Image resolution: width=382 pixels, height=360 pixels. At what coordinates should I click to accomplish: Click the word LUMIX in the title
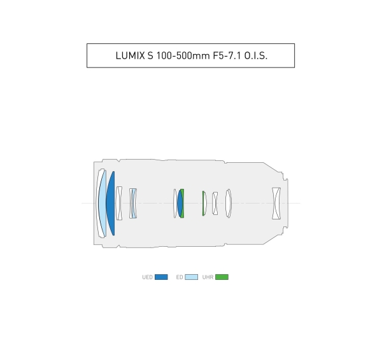pyautogui.click(x=131, y=56)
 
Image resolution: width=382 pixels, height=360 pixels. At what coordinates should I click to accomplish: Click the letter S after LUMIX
pyautogui.click(x=152, y=56)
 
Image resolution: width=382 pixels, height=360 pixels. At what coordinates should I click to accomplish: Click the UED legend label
pyautogui.click(x=147, y=277)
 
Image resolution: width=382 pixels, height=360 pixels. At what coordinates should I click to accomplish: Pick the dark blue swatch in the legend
pyautogui.click(x=161, y=277)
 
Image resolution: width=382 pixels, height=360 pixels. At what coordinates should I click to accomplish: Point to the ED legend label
pyautogui.click(x=180, y=277)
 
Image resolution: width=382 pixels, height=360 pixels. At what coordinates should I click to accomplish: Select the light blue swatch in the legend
pyautogui.click(x=192, y=277)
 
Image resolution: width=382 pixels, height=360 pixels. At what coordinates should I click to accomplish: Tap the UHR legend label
pyautogui.click(x=208, y=277)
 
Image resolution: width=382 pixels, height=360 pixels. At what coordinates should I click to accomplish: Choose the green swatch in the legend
pyautogui.click(x=222, y=277)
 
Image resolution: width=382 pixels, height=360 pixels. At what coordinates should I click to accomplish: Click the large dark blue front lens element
pyautogui.click(x=111, y=204)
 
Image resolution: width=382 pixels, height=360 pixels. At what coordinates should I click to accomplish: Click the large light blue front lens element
pyautogui.click(x=103, y=204)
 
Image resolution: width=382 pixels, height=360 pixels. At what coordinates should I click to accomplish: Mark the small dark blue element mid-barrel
pyautogui.click(x=180, y=204)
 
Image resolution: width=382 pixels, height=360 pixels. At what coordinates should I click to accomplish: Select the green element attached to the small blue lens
pyautogui.click(x=183, y=204)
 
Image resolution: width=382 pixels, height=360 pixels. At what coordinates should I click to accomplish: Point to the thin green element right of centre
pyautogui.click(x=203, y=204)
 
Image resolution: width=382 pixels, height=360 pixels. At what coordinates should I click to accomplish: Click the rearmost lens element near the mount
pyautogui.click(x=276, y=204)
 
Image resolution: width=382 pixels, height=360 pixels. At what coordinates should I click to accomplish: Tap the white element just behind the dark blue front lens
pyautogui.click(x=118, y=204)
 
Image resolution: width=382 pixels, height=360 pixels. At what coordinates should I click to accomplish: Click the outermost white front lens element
pyautogui.click(x=97, y=204)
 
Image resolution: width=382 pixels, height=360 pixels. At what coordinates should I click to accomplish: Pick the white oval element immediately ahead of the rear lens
pyautogui.click(x=229, y=204)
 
